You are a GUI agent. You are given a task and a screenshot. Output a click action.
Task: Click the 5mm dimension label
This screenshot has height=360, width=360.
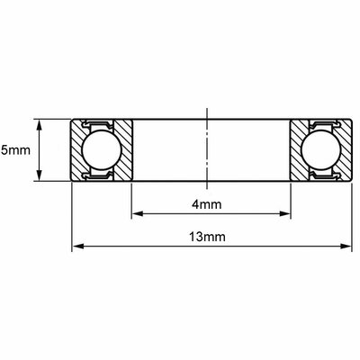coord(15,150)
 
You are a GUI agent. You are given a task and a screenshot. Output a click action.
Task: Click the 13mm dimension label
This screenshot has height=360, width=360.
coord(207,237)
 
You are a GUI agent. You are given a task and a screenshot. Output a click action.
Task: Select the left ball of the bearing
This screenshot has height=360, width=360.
coord(102,149)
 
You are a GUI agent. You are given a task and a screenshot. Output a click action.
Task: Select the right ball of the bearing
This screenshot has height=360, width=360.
coord(321,149)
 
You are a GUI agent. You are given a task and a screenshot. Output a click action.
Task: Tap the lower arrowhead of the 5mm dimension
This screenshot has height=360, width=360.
coord(39,175)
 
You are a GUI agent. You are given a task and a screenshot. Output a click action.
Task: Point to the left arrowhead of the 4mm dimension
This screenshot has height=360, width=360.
coord(138,213)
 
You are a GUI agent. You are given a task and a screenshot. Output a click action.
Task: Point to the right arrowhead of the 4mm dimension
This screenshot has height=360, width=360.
coord(285,213)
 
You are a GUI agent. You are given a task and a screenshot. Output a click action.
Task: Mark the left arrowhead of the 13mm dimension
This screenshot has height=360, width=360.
coord(77,247)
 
